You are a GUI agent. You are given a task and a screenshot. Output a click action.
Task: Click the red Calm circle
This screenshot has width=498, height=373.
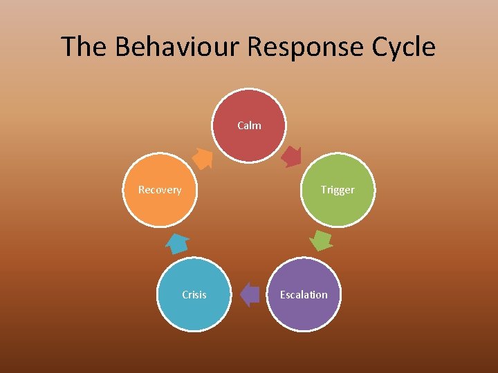point(249,125)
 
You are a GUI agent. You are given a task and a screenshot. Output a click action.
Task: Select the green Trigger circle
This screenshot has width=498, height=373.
point(338,190)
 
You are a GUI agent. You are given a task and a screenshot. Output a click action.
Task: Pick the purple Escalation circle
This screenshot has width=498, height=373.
point(304,294)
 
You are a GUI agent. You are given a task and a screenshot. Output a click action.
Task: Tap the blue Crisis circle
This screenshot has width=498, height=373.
point(194,294)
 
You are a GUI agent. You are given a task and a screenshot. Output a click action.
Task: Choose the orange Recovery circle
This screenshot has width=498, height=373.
point(160,190)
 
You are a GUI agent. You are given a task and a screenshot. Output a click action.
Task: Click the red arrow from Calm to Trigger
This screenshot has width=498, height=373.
point(291,157)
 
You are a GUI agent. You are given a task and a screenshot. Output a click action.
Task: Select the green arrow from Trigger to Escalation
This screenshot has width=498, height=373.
point(320,240)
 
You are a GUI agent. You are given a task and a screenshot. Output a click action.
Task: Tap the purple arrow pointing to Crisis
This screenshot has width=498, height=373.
point(249,294)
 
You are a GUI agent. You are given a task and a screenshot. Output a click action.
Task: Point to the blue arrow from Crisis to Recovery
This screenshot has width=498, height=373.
point(177,244)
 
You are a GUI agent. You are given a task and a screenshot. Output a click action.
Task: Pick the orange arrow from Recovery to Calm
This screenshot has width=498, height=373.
point(202,158)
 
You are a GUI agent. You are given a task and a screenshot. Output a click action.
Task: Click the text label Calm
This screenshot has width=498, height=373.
point(249,125)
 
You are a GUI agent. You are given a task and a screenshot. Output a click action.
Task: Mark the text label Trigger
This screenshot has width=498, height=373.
point(338,190)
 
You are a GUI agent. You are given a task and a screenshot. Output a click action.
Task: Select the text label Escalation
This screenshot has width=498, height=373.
point(304,294)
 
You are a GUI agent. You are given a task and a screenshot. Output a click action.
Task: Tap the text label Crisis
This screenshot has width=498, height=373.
point(194,294)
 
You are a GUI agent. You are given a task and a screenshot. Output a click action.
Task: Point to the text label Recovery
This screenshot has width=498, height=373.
point(160,190)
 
